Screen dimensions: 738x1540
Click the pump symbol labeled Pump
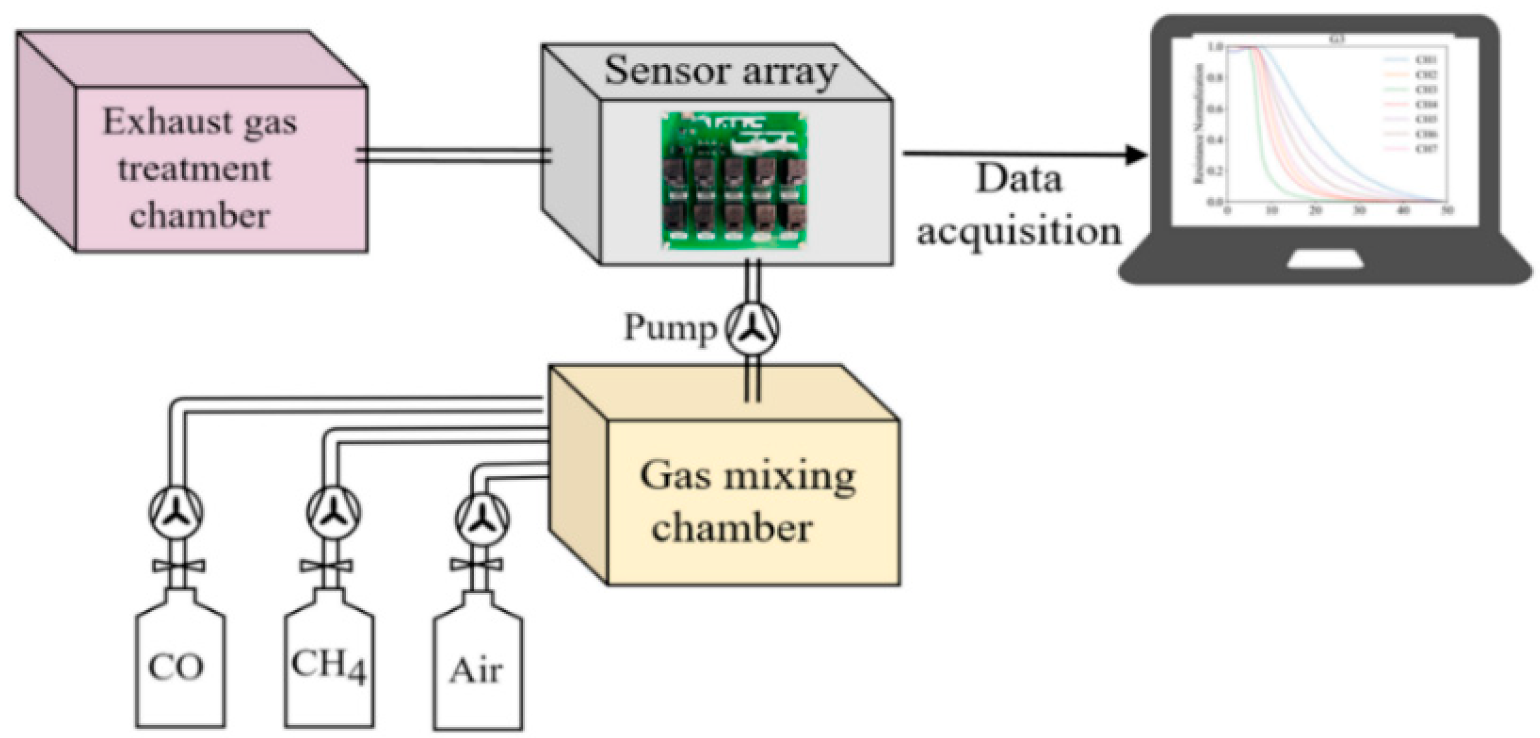752,328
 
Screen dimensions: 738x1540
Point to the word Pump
670,327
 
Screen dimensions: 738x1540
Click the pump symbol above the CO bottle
176,512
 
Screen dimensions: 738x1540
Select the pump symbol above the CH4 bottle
333,512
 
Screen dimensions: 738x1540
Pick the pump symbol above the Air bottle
483,520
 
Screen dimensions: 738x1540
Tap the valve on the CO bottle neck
179,566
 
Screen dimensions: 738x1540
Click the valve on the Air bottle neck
477,565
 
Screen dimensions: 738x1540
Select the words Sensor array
721,71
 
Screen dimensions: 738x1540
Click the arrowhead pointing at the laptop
1135,155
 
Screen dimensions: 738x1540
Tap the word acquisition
1019,231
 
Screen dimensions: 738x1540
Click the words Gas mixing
748,477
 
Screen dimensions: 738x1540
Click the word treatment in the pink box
194,170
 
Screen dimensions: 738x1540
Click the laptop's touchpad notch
1325,259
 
